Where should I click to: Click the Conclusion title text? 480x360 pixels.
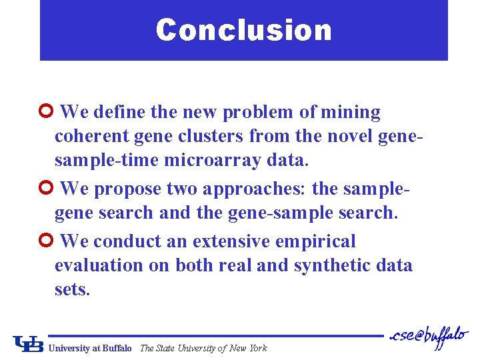coord(243,30)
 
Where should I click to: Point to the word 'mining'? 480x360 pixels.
coord(351,112)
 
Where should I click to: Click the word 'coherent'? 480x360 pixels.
coord(91,137)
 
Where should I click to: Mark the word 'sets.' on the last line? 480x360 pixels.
coord(71,290)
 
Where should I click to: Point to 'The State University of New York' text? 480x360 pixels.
coord(203,348)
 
